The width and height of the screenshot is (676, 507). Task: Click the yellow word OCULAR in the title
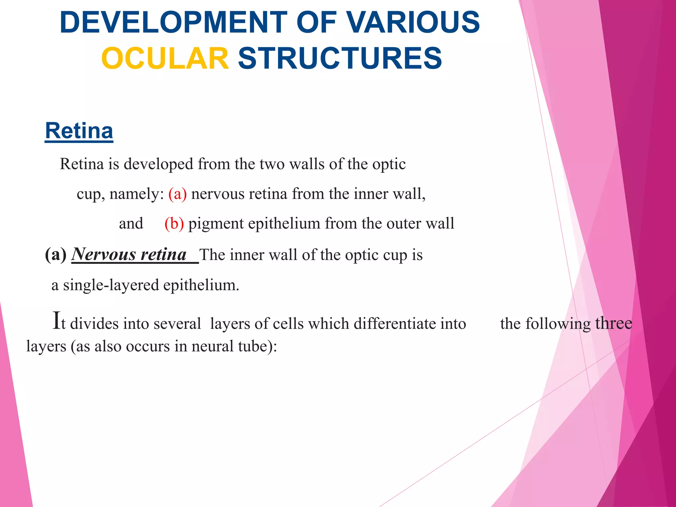coord(165,58)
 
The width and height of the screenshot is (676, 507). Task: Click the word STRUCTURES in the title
coord(340,58)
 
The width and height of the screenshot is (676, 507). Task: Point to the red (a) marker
coord(177,194)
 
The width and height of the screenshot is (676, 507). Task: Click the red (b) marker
coord(174,223)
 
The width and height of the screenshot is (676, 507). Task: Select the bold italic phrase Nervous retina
coord(129,254)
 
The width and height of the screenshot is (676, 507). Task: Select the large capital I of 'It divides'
coord(57,321)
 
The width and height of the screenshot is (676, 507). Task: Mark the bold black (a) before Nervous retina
coord(55,254)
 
